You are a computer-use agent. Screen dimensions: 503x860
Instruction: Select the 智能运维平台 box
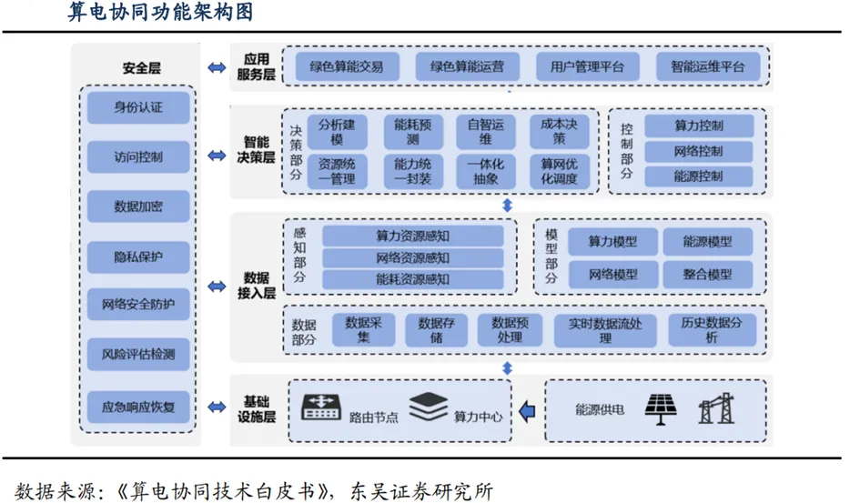pos(707,66)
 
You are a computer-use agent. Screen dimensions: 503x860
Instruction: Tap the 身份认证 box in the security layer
pos(138,107)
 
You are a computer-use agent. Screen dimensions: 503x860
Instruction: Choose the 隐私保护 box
pos(138,256)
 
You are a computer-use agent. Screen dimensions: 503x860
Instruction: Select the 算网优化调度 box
pos(559,171)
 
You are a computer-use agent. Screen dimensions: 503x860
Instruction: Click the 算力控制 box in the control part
pos(699,126)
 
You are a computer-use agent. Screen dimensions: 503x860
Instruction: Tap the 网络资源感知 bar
pos(412,257)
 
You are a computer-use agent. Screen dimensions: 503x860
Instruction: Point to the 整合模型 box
pos(707,274)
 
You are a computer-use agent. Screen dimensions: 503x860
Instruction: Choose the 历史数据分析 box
pos(711,330)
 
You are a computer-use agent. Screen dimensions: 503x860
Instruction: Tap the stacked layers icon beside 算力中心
pos(428,407)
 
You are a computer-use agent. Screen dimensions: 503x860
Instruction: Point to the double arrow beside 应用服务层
pos(217,67)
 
